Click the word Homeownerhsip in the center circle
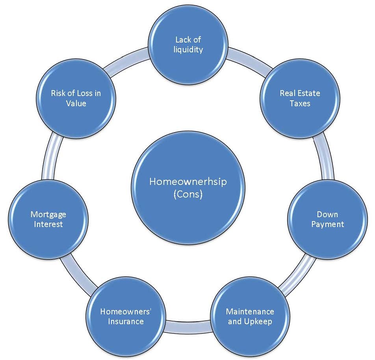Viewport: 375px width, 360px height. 188,182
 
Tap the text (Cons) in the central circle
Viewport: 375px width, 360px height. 187,194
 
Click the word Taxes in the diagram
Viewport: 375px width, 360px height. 300,103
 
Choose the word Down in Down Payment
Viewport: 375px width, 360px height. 327,214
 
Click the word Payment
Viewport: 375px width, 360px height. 327,224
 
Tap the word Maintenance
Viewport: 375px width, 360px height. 250,312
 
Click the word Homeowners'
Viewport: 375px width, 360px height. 126,312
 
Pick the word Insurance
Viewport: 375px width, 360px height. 126,321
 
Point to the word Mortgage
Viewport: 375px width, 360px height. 48,214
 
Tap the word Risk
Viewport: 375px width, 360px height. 58,93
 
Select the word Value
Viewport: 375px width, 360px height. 76,103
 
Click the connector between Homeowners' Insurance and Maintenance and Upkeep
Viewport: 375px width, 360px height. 187,325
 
